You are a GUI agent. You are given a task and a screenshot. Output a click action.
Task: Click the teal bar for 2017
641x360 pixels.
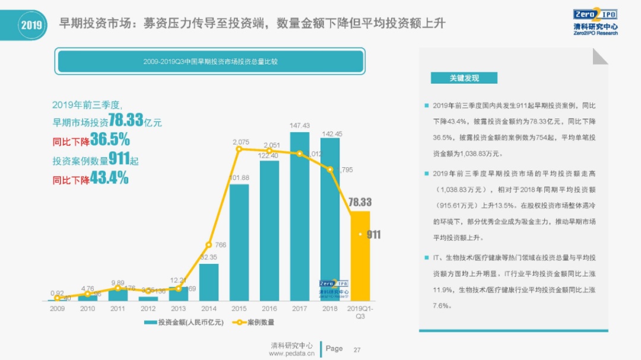(x=300, y=216)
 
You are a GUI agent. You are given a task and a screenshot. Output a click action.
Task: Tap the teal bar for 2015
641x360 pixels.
(x=239, y=243)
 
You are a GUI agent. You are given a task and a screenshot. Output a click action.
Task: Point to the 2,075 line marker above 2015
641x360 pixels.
(x=239, y=149)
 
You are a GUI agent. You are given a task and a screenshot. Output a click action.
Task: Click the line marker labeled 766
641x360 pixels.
(x=209, y=244)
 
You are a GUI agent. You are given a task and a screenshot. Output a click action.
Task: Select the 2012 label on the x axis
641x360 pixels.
(x=148, y=309)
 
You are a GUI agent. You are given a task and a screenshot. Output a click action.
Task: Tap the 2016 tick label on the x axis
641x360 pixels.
(x=269, y=309)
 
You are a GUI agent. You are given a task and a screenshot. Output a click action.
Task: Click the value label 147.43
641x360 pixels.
(x=300, y=126)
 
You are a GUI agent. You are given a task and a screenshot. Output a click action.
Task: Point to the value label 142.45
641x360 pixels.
(x=331, y=133)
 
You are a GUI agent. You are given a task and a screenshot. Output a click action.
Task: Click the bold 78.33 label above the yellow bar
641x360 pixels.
(x=360, y=202)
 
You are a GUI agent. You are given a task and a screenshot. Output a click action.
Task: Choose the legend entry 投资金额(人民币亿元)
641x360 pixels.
(x=183, y=323)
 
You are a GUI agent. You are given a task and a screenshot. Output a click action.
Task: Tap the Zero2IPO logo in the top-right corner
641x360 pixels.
(x=595, y=21)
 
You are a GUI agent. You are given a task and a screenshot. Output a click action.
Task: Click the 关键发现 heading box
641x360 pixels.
(x=464, y=78)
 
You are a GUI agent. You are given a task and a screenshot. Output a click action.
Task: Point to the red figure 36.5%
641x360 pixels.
(x=110, y=142)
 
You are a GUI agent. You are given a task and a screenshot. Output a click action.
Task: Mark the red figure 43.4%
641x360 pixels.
(x=109, y=179)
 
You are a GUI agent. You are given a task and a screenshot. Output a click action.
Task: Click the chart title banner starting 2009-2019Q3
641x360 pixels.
(x=210, y=62)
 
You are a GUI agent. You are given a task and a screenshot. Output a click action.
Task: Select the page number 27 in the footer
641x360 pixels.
(x=357, y=349)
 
